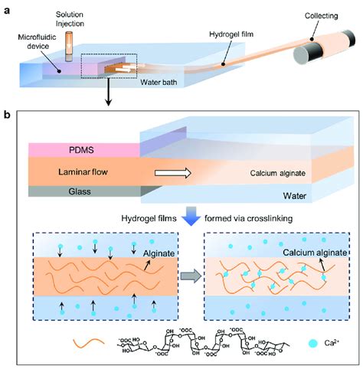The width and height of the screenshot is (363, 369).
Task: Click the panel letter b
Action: point(7,115)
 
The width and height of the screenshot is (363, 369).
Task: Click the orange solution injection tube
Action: point(70,46)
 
